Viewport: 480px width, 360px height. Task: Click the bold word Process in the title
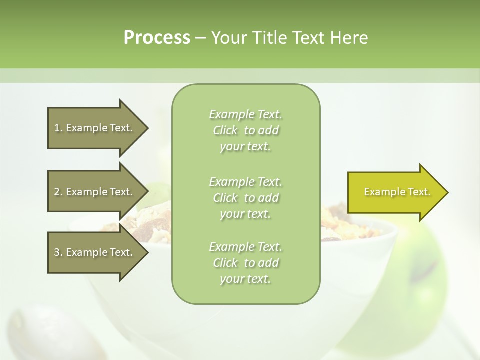point(157,38)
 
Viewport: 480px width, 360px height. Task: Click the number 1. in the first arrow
point(58,128)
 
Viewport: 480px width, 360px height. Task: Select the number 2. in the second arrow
point(58,192)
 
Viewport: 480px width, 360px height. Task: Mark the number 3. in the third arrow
point(58,252)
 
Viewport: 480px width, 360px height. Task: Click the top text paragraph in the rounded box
point(246,130)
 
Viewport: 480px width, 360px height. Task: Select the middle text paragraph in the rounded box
point(246,198)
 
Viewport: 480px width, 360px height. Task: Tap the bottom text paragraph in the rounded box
point(246,263)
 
